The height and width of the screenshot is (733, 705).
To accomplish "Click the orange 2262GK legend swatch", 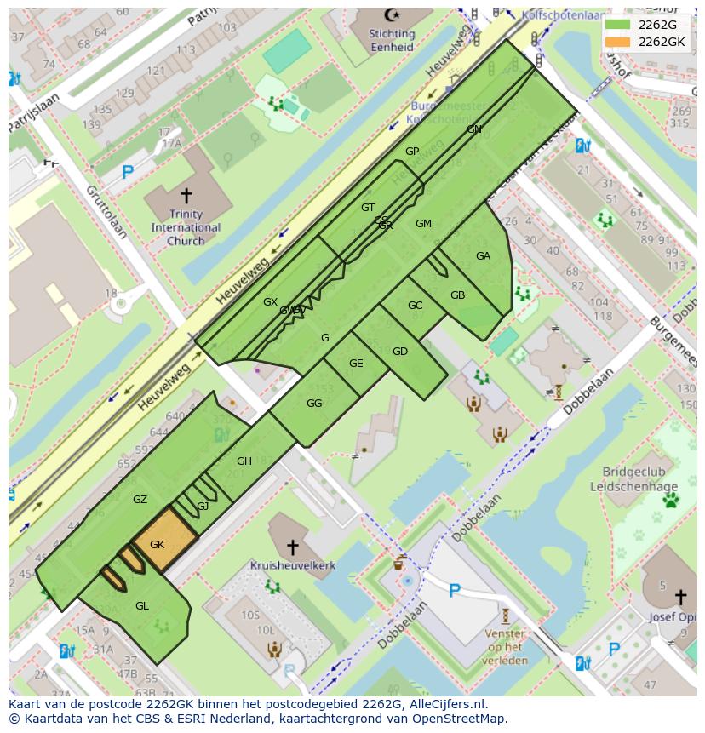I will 618,42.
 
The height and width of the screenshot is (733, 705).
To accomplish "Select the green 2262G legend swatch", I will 618,25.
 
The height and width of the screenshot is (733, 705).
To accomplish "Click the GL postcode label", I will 141,605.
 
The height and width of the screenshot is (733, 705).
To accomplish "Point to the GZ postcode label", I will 140,500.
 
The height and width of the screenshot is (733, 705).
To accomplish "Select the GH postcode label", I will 244,461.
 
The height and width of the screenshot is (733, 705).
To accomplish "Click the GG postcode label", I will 314,404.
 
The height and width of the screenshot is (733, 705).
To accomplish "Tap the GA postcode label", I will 483,255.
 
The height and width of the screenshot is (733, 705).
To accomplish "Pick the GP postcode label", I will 412,152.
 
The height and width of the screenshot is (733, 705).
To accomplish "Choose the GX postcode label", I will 270,302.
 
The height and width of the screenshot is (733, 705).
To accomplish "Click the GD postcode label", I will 399,352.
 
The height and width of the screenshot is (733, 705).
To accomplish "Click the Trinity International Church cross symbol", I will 186,195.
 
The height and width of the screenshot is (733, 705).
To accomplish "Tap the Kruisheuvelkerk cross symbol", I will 292,547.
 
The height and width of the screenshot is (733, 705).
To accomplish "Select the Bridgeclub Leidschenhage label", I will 639,479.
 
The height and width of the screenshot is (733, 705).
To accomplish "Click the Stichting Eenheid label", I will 392,41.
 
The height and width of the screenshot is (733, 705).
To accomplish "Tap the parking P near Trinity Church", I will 127,173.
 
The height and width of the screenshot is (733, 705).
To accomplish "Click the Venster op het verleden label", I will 505,647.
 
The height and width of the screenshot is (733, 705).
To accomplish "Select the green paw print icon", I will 670,500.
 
